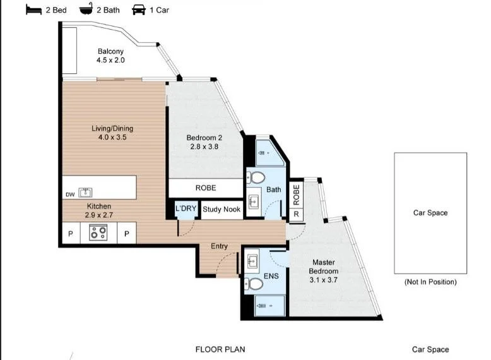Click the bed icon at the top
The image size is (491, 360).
pos(34,9)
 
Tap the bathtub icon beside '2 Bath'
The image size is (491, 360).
pos(86,9)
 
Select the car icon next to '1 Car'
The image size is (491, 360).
pos(139,9)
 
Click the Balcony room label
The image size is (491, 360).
pos(110,51)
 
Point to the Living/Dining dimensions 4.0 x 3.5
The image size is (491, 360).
pos(112,137)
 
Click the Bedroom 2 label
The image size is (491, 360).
pos(204,138)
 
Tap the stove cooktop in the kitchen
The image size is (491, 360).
pos(98,233)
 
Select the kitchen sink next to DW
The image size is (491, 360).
pos(85,193)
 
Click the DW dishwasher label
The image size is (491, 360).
pos(70,195)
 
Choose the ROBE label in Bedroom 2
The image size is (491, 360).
pos(206,188)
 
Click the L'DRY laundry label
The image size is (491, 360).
pos(186,208)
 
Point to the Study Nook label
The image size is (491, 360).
pos(222,209)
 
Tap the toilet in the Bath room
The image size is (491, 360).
pos(256,178)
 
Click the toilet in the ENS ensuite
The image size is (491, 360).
pos(253,284)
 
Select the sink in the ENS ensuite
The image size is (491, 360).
pos(252,260)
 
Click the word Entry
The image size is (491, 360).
pos(219,246)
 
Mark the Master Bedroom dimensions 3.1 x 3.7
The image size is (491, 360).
pos(324,280)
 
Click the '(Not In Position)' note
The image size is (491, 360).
pos(430,282)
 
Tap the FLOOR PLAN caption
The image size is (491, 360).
pos(220,349)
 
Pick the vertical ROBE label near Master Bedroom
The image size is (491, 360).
pos(296,195)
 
